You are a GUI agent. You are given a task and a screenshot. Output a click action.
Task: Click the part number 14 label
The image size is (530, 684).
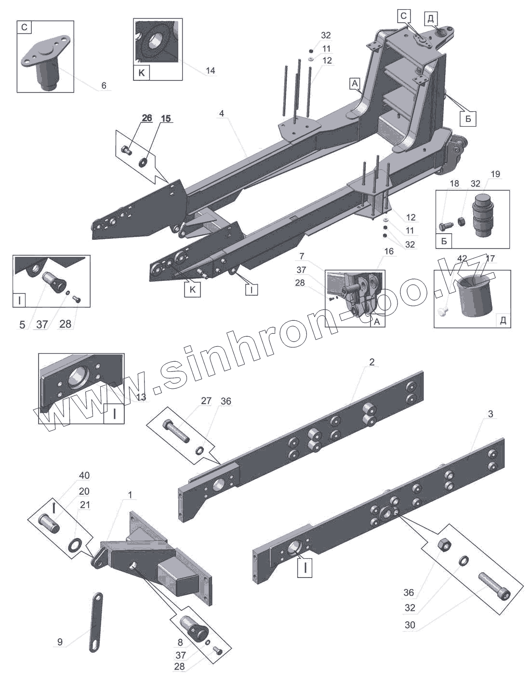pos(210,71)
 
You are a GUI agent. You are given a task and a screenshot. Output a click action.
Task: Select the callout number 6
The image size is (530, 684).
pos(104,86)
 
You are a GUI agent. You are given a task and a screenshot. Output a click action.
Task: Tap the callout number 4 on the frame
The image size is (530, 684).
pos(221,114)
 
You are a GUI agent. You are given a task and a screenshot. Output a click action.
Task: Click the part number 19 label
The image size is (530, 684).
pos(495,174)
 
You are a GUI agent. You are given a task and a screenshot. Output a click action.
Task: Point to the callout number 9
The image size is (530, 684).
pos(60,642)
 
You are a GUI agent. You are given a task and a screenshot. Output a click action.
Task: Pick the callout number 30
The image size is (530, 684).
pos(410,626)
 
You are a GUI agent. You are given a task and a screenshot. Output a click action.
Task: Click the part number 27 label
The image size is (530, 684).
pos(206,401)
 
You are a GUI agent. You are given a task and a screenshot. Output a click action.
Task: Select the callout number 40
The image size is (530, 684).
pos(84,475)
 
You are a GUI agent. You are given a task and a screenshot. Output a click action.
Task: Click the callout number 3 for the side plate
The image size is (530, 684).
pos(490,414)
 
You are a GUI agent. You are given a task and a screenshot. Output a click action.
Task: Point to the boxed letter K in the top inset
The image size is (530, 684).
pos(142,74)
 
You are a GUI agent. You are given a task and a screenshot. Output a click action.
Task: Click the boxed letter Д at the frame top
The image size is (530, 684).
pos(430,19)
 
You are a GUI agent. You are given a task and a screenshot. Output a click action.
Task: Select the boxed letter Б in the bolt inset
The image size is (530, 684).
pos(444,241)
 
